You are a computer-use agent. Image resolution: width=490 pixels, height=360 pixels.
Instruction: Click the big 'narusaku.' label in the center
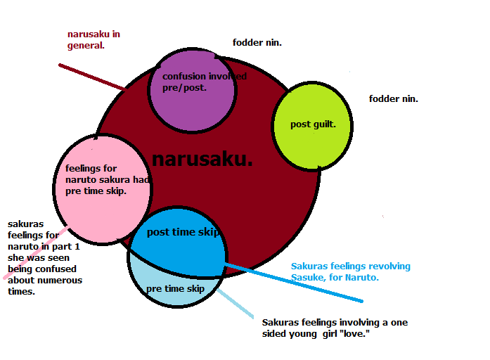pyautogui.click(x=202, y=160)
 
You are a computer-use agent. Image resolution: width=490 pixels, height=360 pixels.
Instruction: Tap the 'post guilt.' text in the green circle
pyautogui.click(x=313, y=124)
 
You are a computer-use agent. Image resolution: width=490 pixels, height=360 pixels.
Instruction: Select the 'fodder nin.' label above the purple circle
pyautogui.click(x=257, y=42)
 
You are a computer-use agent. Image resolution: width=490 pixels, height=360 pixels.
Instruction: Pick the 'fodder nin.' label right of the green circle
pyautogui.click(x=394, y=98)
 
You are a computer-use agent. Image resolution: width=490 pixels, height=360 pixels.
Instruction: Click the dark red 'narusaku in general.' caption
pyautogui.click(x=94, y=39)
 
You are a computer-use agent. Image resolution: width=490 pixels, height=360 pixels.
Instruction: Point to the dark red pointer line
pyautogui.click(x=93, y=77)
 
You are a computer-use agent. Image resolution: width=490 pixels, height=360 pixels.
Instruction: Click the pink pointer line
pyautogui.click(x=37, y=252)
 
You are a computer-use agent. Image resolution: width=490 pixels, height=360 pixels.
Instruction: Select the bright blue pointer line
pyautogui.click(x=294, y=283)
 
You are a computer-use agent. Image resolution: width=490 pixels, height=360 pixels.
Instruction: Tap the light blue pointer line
pyautogui.click(x=235, y=304)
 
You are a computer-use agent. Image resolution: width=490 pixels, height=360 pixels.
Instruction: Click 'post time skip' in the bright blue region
pyautogui.click(x=183, y=232)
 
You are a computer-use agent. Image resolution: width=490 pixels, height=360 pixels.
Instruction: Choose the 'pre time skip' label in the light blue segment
pyautogui.click(x=175, y=289)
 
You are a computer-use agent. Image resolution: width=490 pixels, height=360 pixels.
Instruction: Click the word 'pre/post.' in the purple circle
pyautogui.click(x=184, y=88)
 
